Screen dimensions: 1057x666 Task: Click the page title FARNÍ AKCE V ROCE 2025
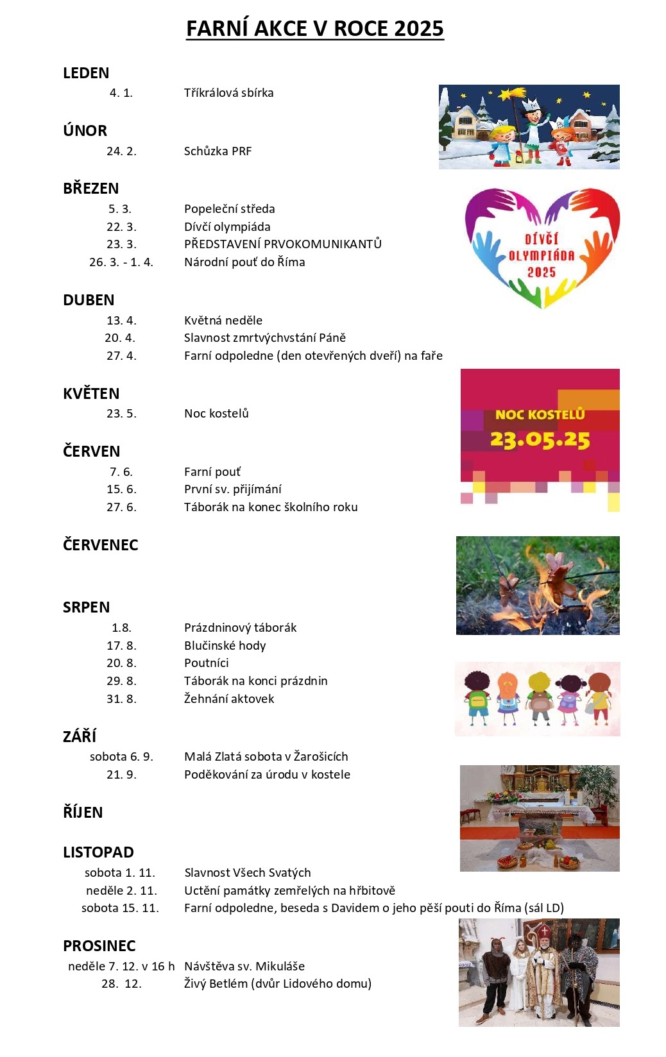click(314, 29)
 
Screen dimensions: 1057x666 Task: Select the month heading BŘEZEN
click(90, 189)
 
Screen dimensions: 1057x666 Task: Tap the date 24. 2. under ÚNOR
click(121, 151)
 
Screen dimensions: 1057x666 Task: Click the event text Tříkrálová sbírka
click(228, 93)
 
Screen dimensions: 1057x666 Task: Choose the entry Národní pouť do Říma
click(244, 262)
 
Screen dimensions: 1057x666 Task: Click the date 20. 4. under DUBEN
click(120, 338)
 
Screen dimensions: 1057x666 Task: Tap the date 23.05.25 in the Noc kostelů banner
click(540, 440)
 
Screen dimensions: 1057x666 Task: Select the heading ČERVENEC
click(100, 545)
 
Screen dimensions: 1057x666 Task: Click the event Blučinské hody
click(225, 646)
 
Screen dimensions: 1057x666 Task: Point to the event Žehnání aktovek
click(229, 699)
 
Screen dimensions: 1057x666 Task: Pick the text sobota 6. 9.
click(121, 757)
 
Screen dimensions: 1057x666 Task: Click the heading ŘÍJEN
click(83, 813)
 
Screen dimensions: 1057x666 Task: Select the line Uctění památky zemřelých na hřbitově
click(289, 891)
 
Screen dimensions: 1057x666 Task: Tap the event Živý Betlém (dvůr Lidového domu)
click(278, 984)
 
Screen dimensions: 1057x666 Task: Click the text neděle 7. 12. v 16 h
click(121, 967)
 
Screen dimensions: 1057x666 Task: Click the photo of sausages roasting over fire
click(538, 586)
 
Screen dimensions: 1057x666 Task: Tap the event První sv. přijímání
click(233, 489)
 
